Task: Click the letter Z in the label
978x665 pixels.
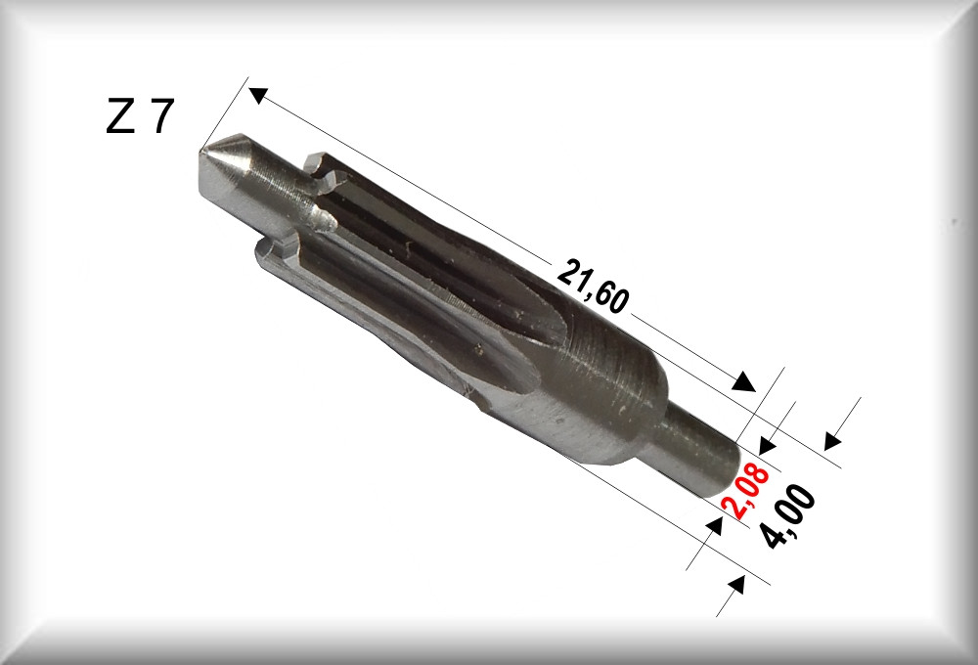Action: (120, 115)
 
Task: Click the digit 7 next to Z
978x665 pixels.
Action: (160, 115)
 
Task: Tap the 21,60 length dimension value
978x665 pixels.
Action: (592, 287)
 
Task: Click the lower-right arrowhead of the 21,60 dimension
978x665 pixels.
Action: (743, 381)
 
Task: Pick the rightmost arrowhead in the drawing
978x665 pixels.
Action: (833, 440)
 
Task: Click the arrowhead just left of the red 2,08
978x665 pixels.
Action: (714, 526)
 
